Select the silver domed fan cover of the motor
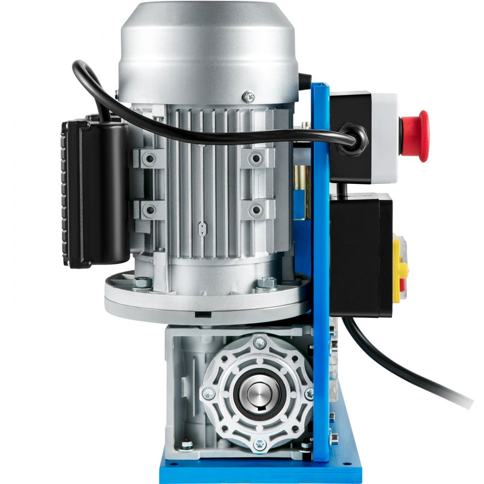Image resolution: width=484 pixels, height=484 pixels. tap(208, 48)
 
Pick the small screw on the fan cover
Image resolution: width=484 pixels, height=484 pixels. tap(250, 96)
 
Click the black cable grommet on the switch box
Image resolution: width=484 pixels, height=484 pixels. tap(352, 139)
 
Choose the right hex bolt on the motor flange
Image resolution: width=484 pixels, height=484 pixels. tap(266, 283)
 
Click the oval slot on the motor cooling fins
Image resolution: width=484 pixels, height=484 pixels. tap(203, 227)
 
